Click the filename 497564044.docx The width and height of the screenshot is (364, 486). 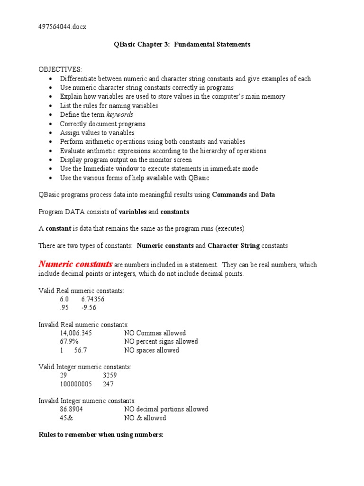coord(62,27)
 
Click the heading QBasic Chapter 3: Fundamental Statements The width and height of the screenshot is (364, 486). coord(182,45)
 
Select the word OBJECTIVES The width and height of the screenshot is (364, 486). coord(60,69)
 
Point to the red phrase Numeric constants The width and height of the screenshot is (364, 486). coord(75,264)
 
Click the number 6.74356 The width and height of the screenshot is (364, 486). coord(93,299)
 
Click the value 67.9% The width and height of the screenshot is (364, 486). coord(69,342)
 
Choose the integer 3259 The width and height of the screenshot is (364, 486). coord(109,375)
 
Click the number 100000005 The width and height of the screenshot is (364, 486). coord(76,384)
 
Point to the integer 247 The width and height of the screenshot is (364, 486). coord(108,384)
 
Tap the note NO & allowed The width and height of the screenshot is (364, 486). coord(145,418)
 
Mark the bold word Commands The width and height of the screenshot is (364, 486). coord(229,195)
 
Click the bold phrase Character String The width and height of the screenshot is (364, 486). coord(234,246)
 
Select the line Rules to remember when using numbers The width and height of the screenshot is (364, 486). coord(101,435)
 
